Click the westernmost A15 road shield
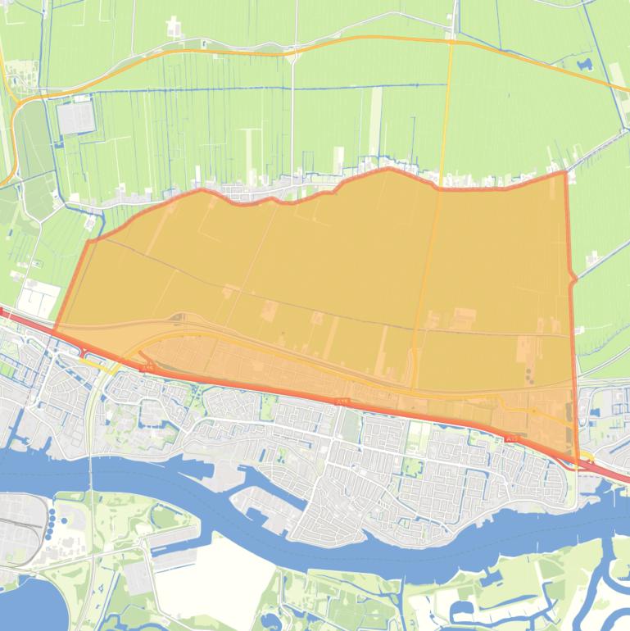click(148, 370)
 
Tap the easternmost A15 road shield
click(513, 440)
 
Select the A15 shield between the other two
click(342, 401)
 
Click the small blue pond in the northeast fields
click(584, 63)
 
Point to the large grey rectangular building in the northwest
click(75, 118)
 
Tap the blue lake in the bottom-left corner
click(33, 606)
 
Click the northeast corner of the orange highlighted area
click(565, 172)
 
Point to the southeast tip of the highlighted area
click(578, 463)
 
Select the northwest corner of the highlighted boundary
click(88, 241)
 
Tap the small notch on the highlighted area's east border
click(573, 279)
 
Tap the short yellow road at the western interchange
click(107, 369)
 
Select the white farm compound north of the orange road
click(174, 28)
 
